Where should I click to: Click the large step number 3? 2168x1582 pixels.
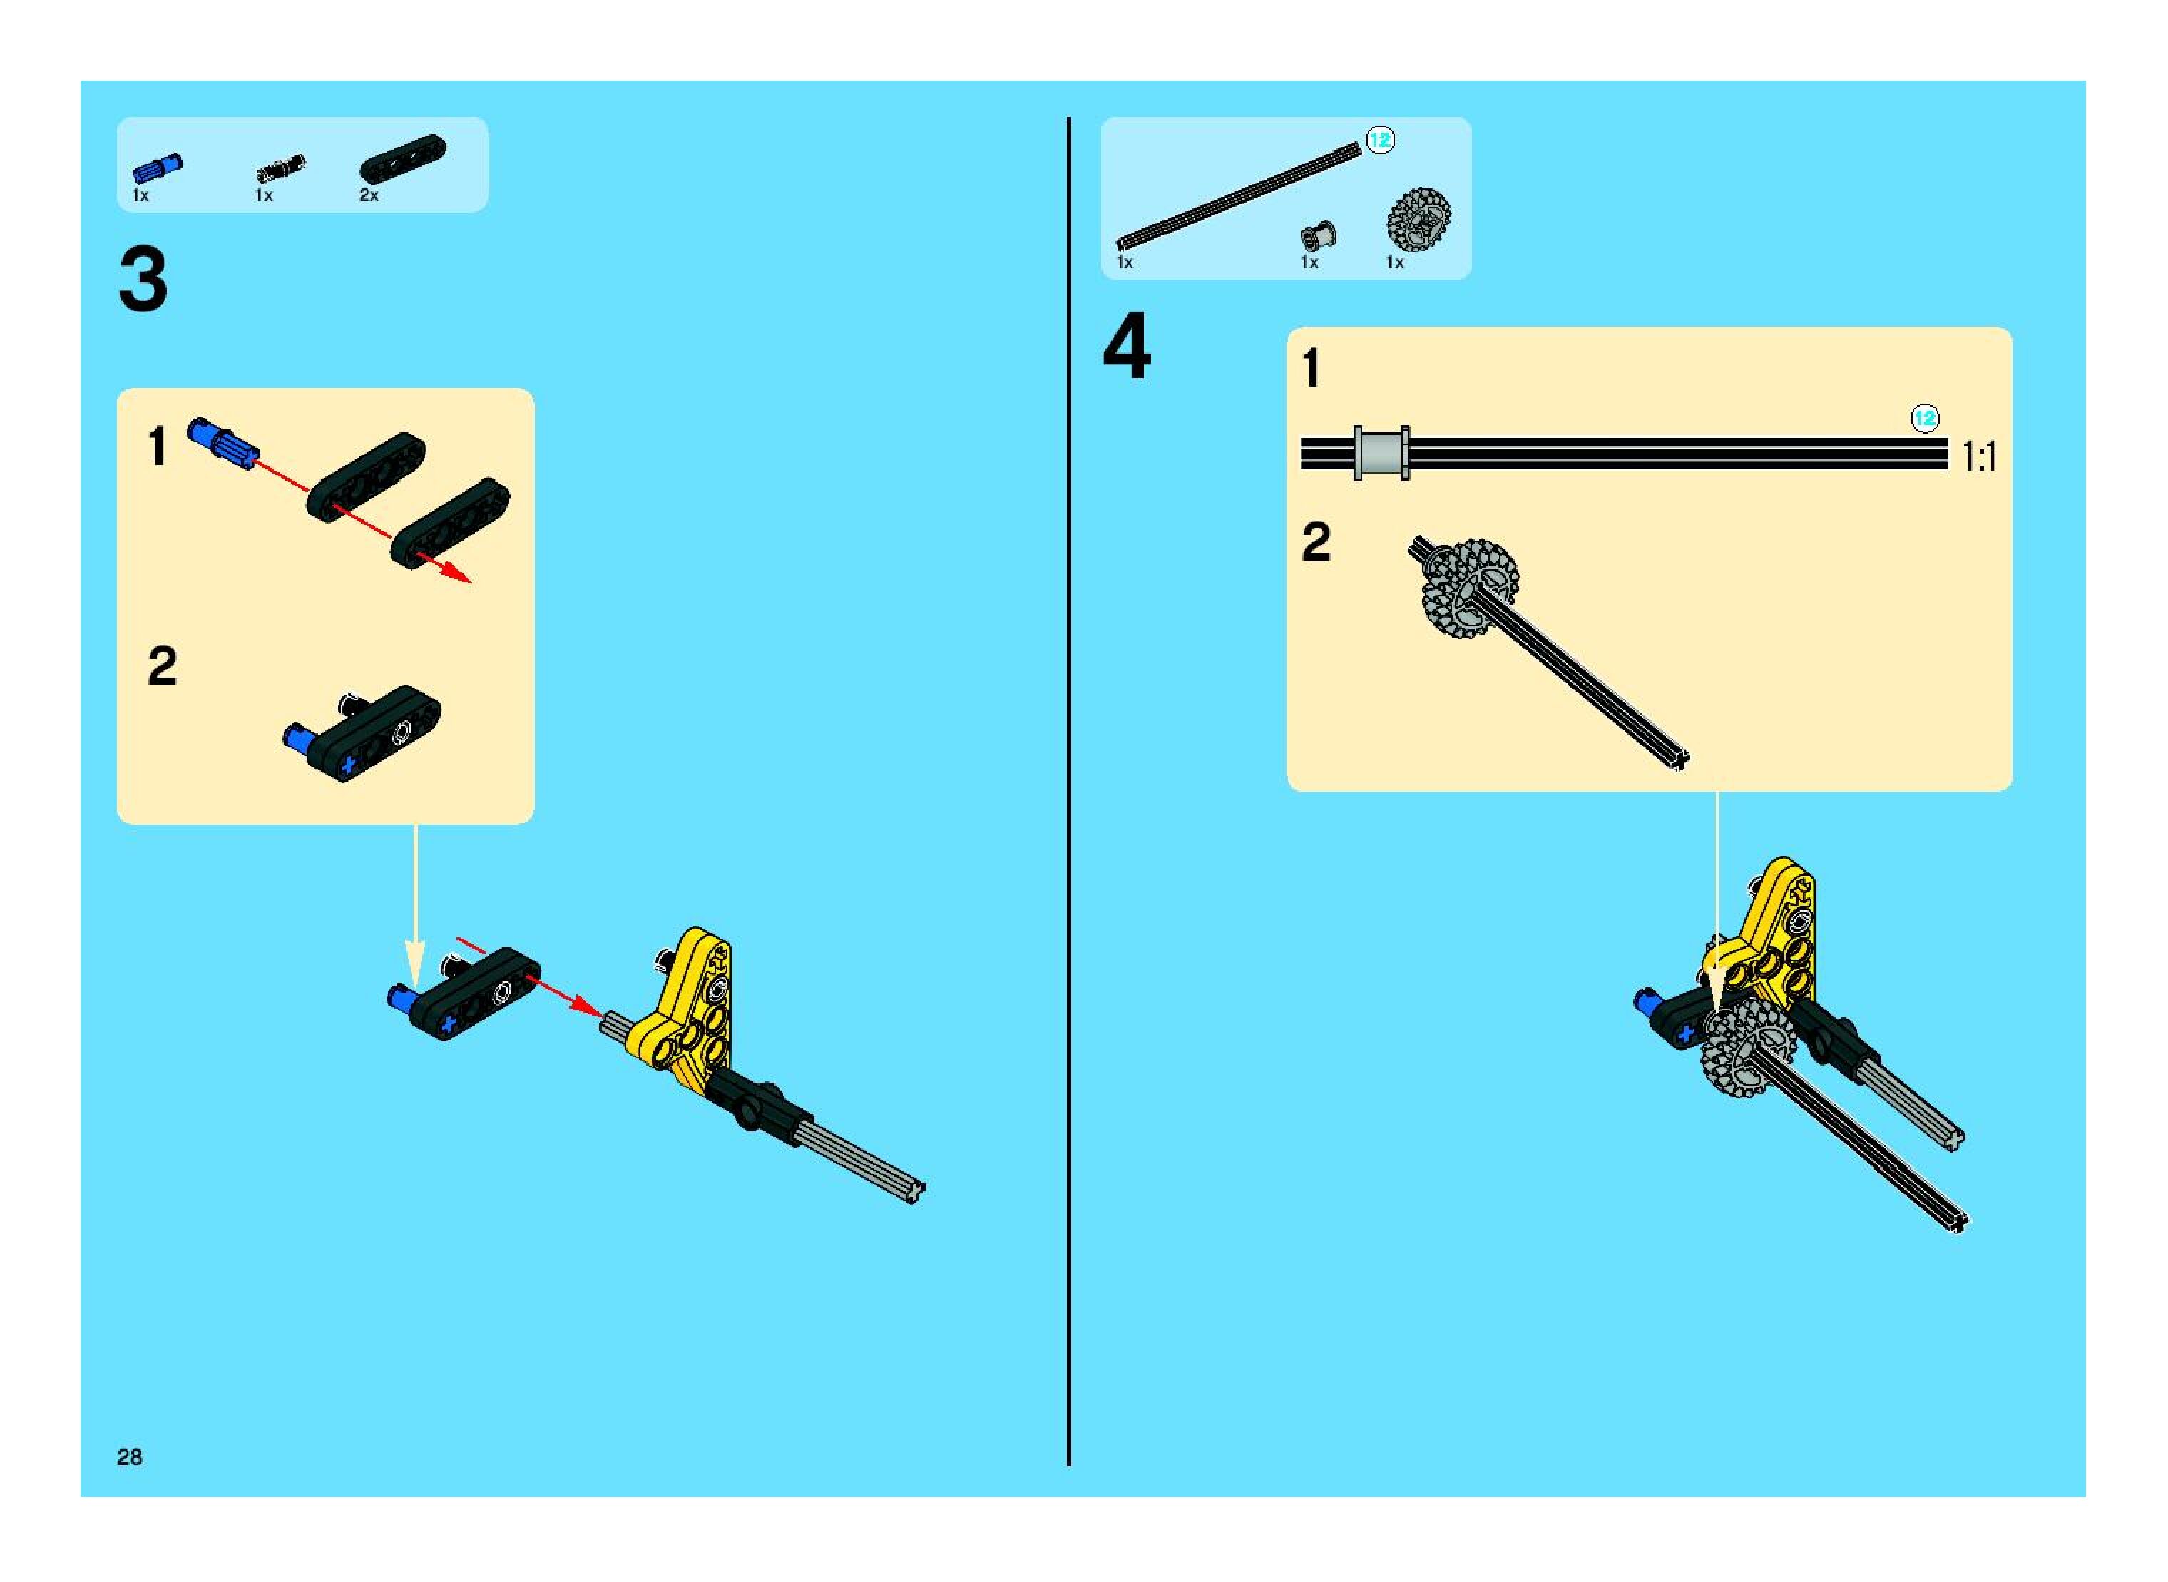pyautogui.click(x=143, y=280)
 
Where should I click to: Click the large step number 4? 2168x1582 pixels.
pyautogui.click(x=1126, y=349)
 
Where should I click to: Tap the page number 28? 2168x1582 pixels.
pyautogui.click(x=129, y=1456)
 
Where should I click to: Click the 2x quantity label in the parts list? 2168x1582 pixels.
pyautogui.click(x=369, y=195)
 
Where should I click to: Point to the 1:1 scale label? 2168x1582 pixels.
pyautogui.click(x=1978, y=456)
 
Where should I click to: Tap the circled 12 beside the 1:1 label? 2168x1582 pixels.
pyautogui.click(x=1925, y=419)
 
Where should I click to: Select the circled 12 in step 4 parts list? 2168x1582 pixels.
pyautogui.click(x=1380, y=140)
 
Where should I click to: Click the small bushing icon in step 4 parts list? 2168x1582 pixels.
pyautogui.click(x=1318, y=235)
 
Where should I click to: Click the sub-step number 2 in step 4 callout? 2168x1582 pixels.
pyautogui.click(x=1316, y=542)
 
